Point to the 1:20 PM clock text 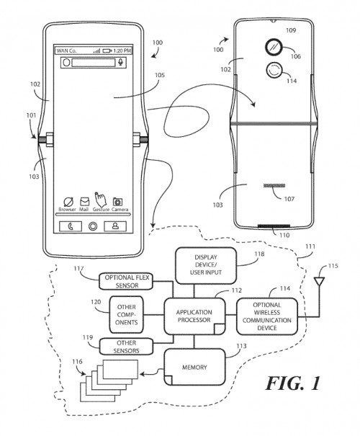tap(121, 51)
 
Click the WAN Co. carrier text tap(68, 51)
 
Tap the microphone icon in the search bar tap(121, 63)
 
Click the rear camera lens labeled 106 tap(272, 46)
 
